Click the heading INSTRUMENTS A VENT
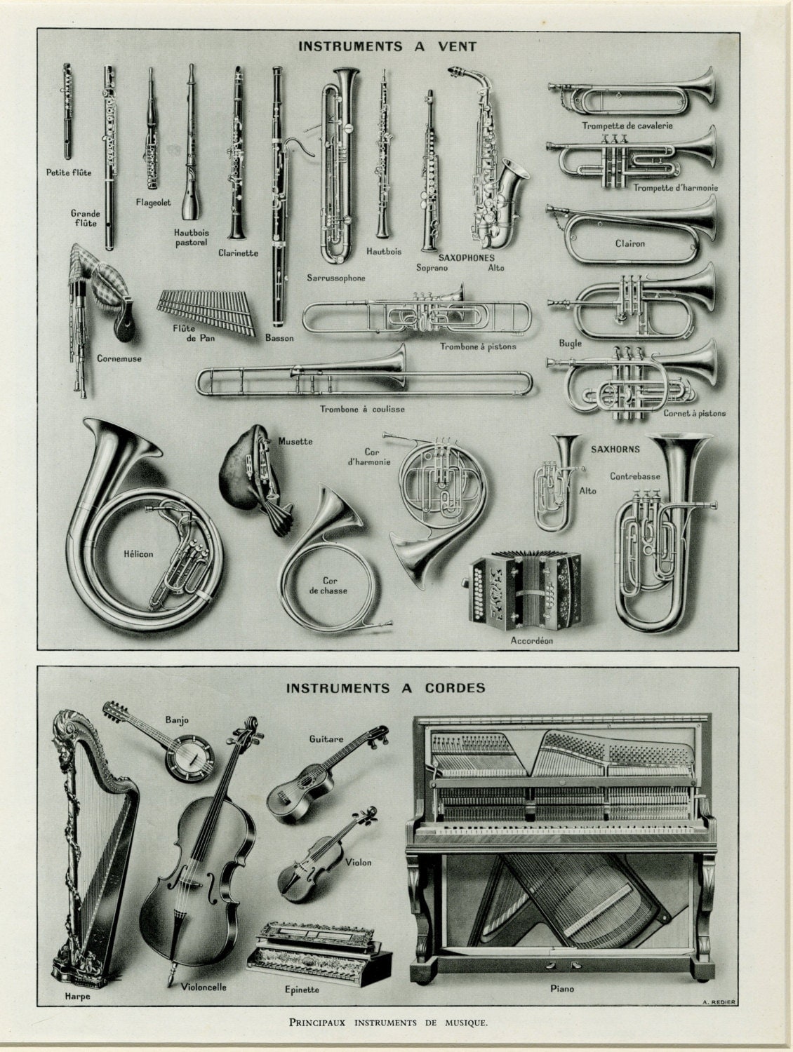coord(387,47)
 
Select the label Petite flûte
coord(69,172)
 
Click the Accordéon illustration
coord(523,589)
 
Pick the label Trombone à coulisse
coord(361,409)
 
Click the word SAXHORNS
coord(615,449)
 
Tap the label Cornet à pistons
coord(694,413)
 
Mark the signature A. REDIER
coord(717,1001)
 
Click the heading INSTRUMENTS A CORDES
coord(385,688)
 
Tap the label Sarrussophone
coord(335,278)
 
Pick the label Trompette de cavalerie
coord(627,126)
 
